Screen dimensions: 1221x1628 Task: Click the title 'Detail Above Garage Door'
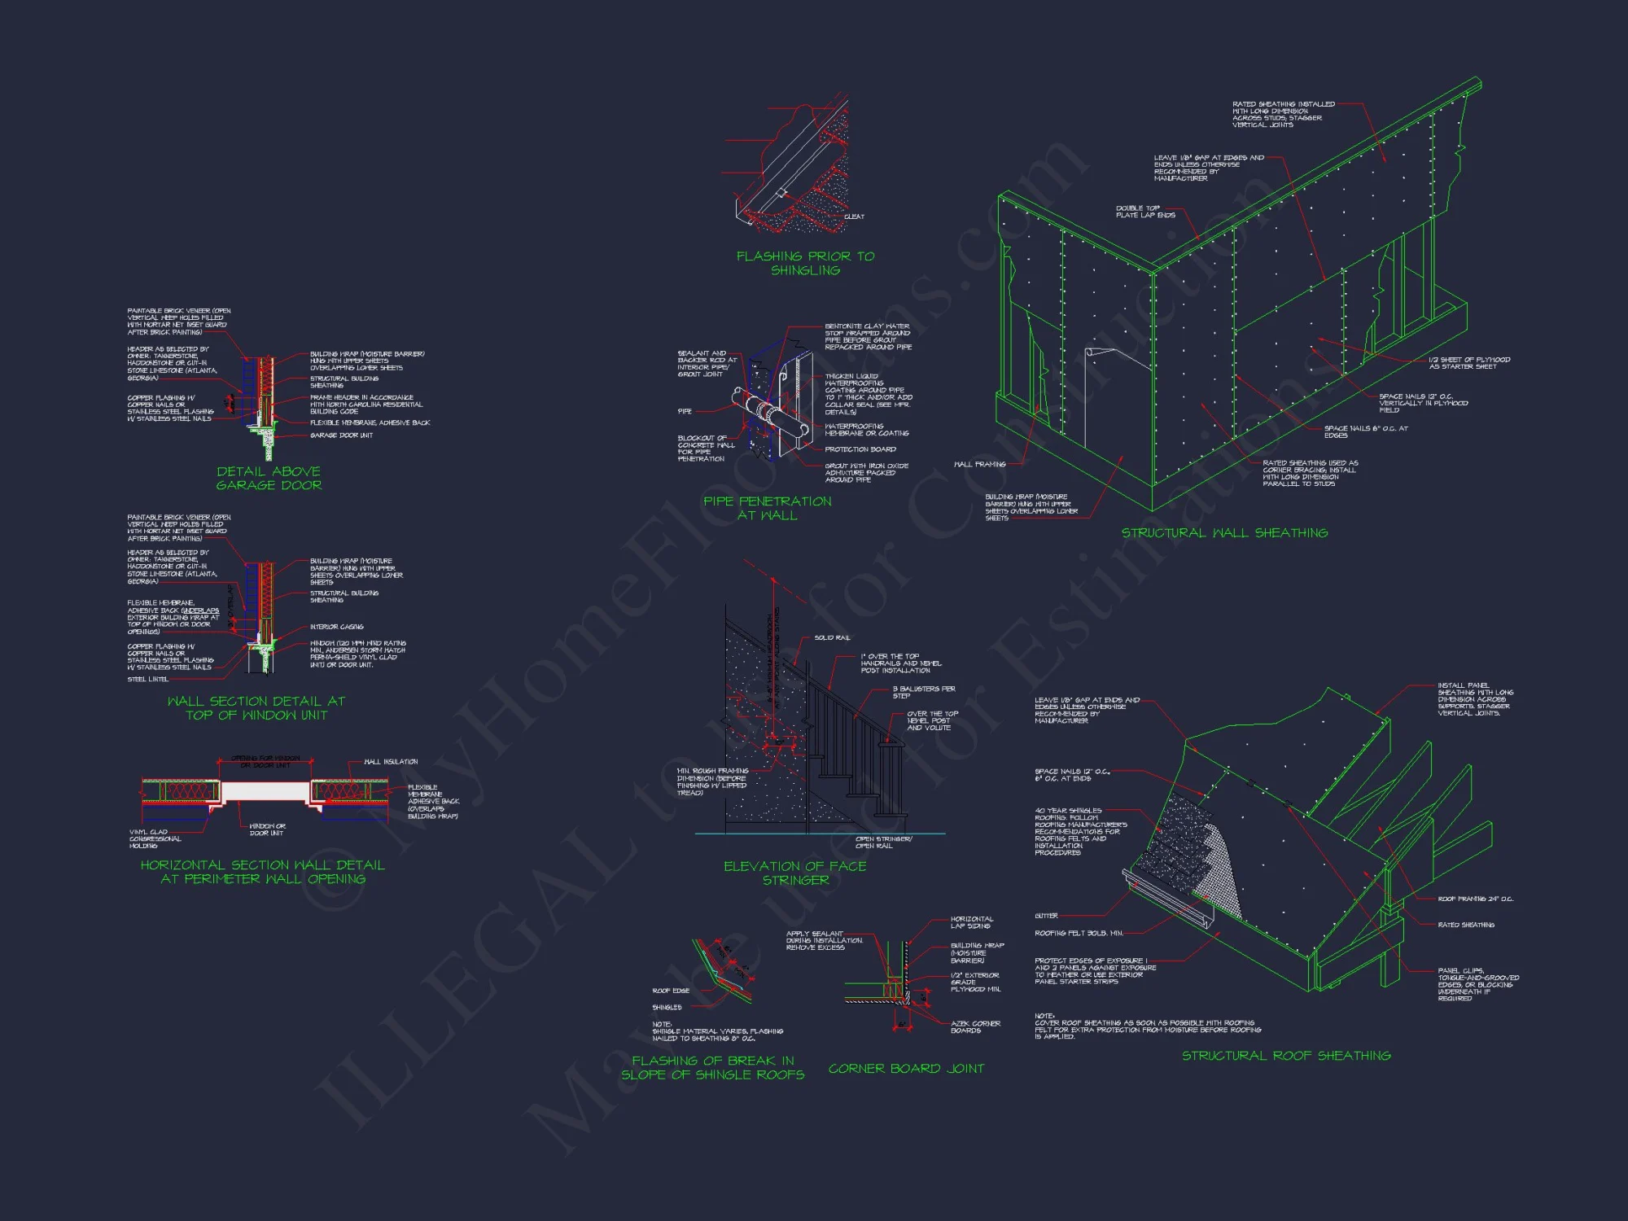[269, 478]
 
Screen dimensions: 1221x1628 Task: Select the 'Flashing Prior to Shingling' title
[805, 263]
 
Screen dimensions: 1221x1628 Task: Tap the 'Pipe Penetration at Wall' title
[767, 508]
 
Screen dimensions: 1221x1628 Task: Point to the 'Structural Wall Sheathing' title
[1224, 532]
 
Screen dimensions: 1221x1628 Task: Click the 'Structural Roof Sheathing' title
[1286, 1055]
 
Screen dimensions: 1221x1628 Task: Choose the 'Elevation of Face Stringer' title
[794, 873]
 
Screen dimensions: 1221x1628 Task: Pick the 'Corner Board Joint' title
[906, 1068]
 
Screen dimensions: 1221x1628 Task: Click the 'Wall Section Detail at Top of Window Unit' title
[256, 707]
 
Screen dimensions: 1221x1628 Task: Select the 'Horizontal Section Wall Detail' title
[263, 872]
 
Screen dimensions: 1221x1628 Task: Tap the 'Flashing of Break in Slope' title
[712, 1067]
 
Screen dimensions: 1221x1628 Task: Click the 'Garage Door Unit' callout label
[341, 435]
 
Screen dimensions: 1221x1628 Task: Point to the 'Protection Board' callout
[860, 449]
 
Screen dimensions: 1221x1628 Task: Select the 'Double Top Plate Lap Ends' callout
[1145, 212]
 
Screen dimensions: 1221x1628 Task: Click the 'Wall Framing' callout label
[979, 464]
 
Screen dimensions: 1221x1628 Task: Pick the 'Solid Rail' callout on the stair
[832, 637]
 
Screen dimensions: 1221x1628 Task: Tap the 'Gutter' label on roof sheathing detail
[1046, 916]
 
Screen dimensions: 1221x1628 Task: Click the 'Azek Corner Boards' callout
[975, 1026]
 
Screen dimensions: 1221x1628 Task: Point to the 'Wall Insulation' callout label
[391, 762]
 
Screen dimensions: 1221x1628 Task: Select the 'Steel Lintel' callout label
[147, 679]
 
